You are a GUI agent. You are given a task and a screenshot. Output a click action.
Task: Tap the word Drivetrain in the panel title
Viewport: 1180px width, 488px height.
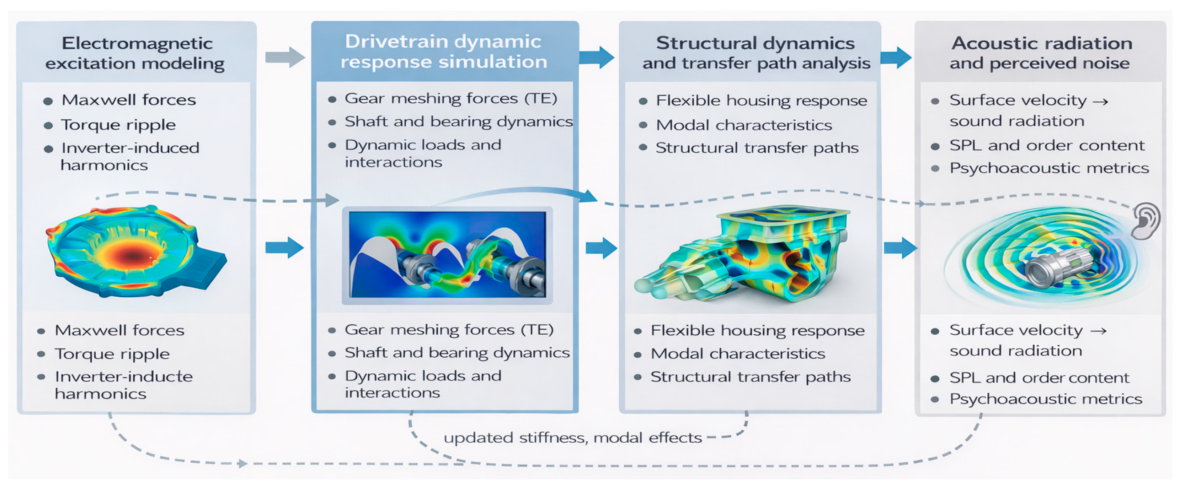click(x=390, y=42)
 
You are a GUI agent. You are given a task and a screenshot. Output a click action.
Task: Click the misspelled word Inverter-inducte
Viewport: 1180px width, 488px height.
click(x=124, y=377)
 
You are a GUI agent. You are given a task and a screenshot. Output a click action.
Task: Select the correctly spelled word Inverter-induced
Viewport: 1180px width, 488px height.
click(x=130, y=148)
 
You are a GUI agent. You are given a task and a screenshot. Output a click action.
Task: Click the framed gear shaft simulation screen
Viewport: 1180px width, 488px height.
click(x=447, y=255)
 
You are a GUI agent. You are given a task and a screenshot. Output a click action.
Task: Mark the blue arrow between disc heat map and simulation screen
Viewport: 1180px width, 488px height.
click(x=284, y=248)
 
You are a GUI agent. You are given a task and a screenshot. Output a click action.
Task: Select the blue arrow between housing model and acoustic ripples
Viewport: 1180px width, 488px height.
click(x=900, y=248)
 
